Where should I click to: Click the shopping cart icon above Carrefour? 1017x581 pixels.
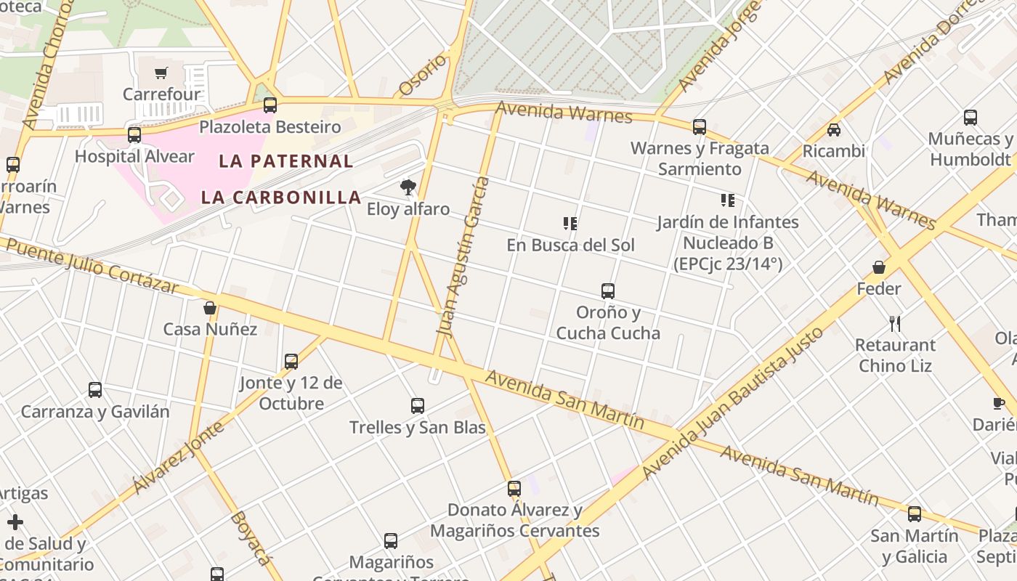point(161,73)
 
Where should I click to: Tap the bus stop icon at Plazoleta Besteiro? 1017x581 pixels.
point(270,105)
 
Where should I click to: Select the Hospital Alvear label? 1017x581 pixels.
point(134,156)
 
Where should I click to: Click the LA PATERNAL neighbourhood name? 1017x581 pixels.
point(286,161)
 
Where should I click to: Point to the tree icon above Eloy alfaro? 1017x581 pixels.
point(408,187)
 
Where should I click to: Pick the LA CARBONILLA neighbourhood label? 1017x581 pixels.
point(281,197)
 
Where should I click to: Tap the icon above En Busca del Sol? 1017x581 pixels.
point(570,223)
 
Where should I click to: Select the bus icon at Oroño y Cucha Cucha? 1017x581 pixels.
point(608,291)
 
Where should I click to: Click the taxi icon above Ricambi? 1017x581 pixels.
point(834,130)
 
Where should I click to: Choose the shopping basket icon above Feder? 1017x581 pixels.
point(879,267)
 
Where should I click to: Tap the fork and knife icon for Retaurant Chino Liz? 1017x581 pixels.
point(894,323)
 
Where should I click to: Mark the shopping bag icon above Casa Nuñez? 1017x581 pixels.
point(210,308)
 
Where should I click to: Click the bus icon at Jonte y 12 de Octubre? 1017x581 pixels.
point(291,361)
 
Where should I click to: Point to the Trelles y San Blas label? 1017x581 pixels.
point(417,427)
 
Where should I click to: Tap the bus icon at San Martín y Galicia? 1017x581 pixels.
point(915,514)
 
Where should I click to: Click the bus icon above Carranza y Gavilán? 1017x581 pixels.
point(95,390)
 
